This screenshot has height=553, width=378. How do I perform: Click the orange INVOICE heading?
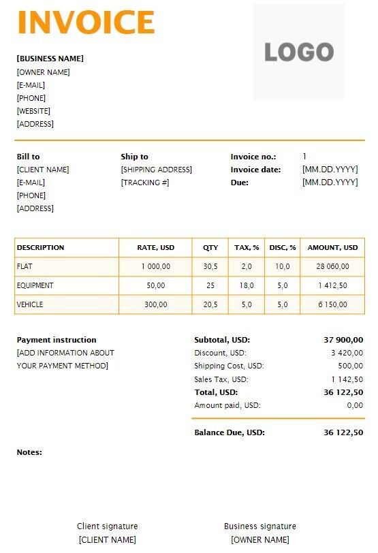pyautogui.click(x=86, y=22)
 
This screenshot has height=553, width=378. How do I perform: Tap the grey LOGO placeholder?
pyautogui.click(x=299, y=52)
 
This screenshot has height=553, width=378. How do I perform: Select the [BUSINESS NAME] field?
pyautogui.click(x=50, y=59)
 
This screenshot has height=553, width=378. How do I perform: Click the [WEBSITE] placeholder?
pyautogui.click(x=33, y=111)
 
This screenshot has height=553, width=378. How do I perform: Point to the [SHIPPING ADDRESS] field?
pyautogui.click(x=156, y=170)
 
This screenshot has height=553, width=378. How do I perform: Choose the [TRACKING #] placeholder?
pyautogui.click(x=144, y=183)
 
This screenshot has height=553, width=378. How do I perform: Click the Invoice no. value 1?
pyautogui.click(x=304, y=157)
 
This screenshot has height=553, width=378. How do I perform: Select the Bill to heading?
pyautogui.click(x=28, y=157)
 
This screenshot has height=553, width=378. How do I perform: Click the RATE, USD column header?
pyautogui.click(x=156, y=248)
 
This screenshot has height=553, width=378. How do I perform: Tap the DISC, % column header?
pyautogui.click(x=283, y=248)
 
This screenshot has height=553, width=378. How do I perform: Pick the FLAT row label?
pyautogui.click(x=25, y=267)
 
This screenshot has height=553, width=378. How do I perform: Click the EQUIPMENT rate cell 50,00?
pyautogui.click(x=156, y=286)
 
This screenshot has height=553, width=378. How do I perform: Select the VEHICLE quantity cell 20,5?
pyautogui.click(x=210, y=305)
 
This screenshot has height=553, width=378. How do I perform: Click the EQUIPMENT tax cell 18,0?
pyautogui.click(x=247, y=286)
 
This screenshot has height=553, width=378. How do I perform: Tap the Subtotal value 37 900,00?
pyautogui.click(x=343, y=340)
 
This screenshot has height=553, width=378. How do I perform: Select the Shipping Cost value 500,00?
pyautogui.click(x=350, y=366)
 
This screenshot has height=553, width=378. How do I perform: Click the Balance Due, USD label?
pyautogui.click(x=229, y=432)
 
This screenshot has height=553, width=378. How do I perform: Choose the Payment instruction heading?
pyautogui.click(x=57, y=340)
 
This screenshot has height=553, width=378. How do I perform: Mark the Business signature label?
pyautogui.click(x=259, y=526)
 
